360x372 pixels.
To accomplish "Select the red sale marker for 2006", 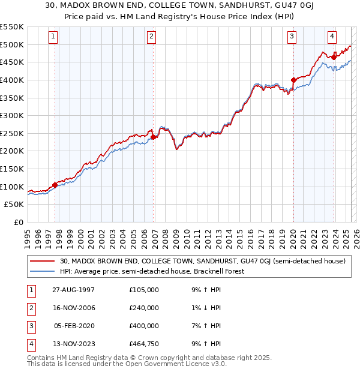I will tap(154, 137).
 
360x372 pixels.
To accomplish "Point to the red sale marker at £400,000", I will tap(293, 80).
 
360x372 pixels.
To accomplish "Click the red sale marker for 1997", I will tap(55, 185).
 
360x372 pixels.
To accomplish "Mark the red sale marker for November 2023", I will tap(334, 57).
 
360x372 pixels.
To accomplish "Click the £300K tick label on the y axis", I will tap(12, 115).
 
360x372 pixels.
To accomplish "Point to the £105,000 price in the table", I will tap(144, 290).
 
